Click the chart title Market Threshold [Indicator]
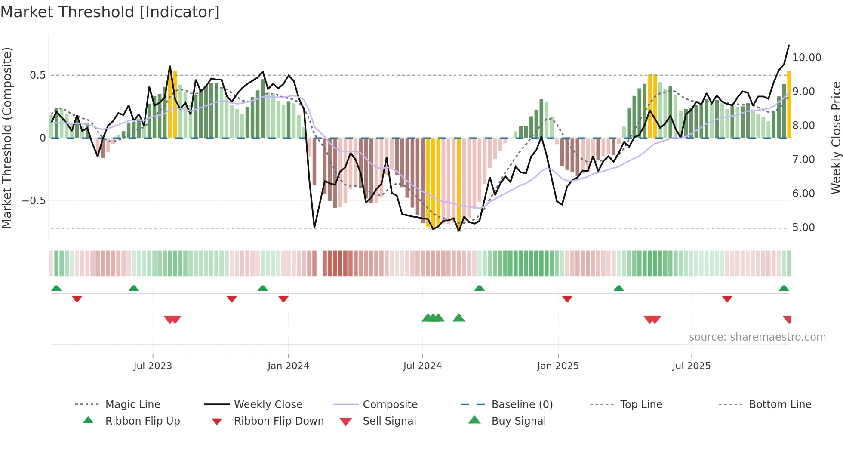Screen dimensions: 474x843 [110, 12]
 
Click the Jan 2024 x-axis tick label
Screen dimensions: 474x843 [288, 366]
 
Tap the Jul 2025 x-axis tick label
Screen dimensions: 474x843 [691, 366]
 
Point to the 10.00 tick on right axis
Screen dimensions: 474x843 [806, 58]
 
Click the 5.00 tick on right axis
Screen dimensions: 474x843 [803, 228]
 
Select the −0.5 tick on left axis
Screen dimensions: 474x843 [34, 201]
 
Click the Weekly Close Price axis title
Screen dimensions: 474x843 [835, 138]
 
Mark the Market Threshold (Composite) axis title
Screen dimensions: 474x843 [7, 138]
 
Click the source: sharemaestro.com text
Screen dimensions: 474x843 [757, 337]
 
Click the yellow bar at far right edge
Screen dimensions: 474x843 [789, 105]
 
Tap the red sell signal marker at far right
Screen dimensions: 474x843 [788, 319]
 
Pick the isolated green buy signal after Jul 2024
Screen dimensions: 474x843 [459, 318]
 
